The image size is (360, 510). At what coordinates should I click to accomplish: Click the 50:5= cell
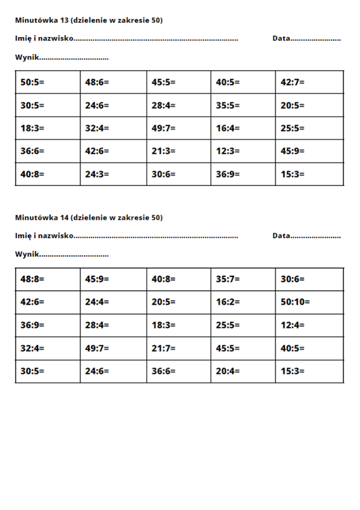coord(32,82)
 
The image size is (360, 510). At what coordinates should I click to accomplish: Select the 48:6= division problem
coord(97,82)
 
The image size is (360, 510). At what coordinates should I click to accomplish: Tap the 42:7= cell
coord(293,82)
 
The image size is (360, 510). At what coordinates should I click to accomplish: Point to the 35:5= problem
coord(228,105)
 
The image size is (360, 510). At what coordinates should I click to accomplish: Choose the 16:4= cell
coord(228,128)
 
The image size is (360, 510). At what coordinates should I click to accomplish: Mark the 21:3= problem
coord(163,151)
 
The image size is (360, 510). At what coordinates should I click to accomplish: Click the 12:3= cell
coord(228,151)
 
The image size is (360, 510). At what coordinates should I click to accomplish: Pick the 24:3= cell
coord(97,175)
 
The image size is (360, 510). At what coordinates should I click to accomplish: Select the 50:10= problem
coord(295,302)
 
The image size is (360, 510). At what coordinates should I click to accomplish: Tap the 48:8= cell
coord(32,279)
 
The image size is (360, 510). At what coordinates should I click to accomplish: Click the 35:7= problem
coord(228,279)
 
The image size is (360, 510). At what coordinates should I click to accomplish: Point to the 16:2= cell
coord(228,302)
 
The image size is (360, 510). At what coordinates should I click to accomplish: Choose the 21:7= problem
coord(163,348)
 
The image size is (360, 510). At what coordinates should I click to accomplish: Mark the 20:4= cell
coord(228,372)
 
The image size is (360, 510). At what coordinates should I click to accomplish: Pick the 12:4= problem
coord(293,325)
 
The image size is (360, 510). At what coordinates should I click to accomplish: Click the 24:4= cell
coord(97,302)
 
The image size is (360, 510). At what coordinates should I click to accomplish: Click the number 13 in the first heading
coord(64,20)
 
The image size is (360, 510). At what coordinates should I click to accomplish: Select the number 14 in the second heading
coord(64,218)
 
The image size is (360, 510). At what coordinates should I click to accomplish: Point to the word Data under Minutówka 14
coord(281,236)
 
